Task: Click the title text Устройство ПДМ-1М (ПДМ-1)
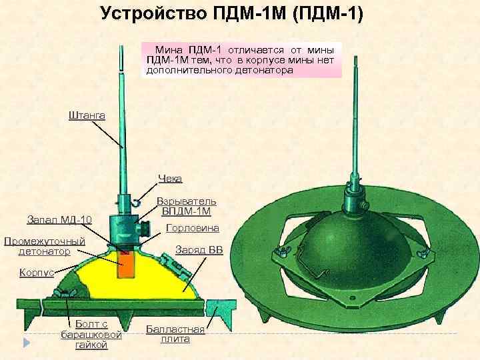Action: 232,14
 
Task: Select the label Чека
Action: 170,178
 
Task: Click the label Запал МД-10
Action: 59,220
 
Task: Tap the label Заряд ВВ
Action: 199,251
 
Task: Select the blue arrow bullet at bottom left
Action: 25,343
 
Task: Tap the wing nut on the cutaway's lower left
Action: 64,293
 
